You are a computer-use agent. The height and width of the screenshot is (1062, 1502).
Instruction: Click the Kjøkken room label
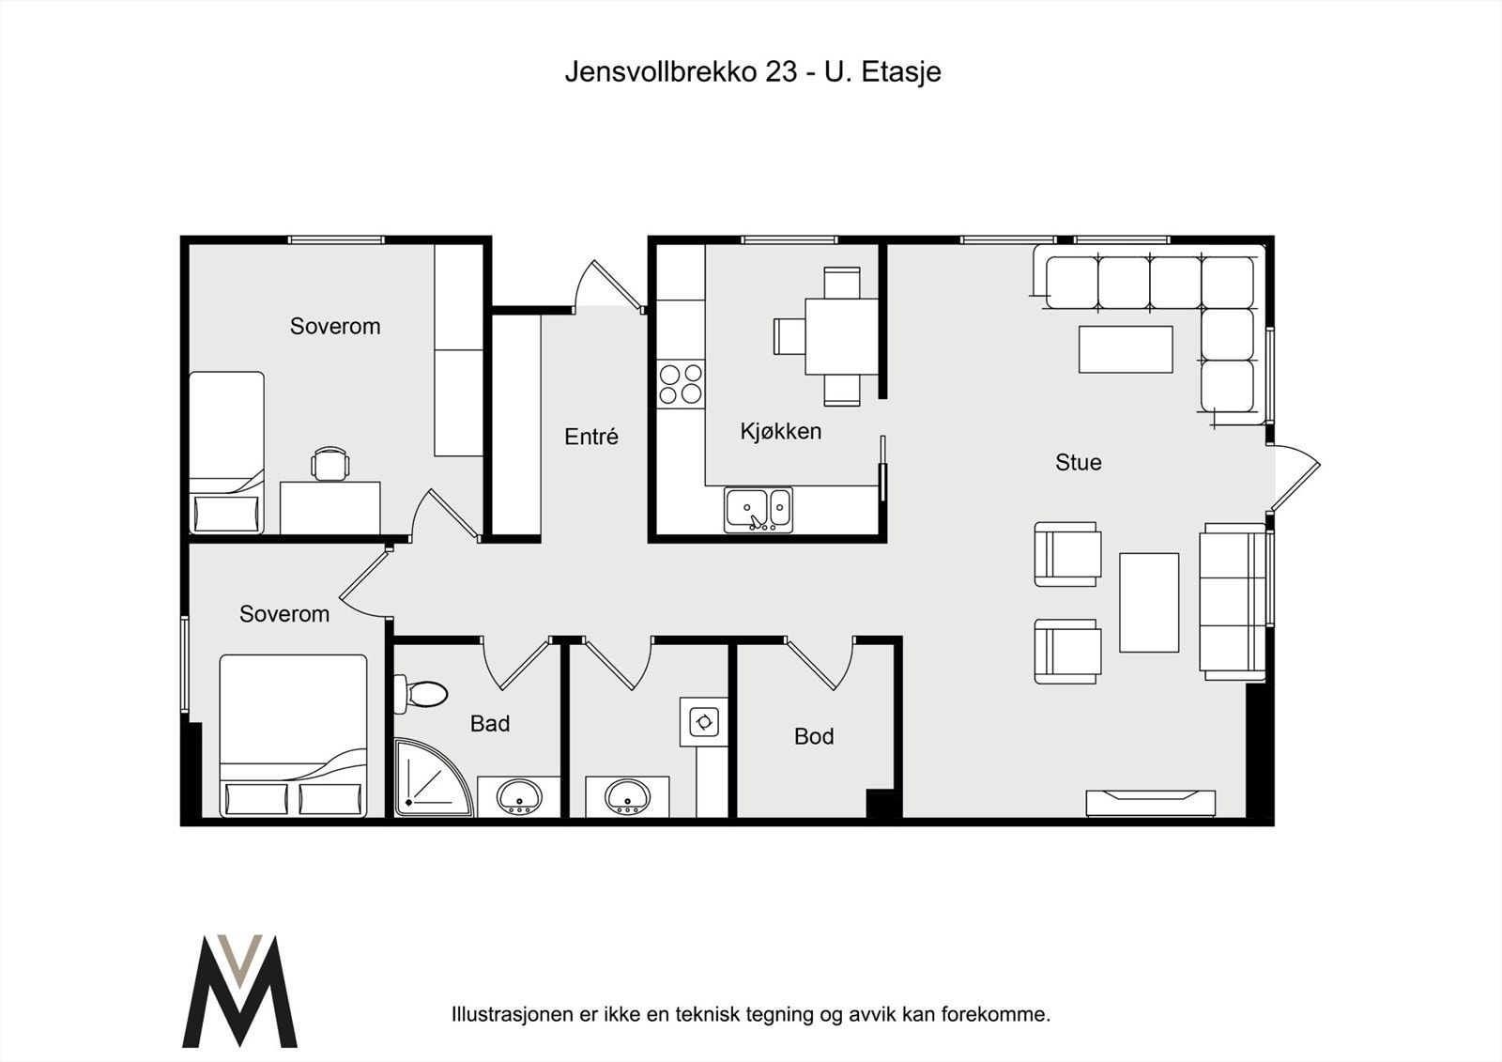pyautogui.click(x=780, y=431)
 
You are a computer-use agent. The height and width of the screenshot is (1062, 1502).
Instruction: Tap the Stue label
pyautogui.click(x=1079, y=462)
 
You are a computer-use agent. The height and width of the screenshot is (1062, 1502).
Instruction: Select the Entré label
pyautogui.click(x=590, y=437)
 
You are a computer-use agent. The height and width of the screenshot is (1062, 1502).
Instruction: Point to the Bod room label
pyautogui.click(x=814, y=736)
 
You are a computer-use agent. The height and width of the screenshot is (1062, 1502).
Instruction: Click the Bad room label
pyautogui.click(x=489, y=723)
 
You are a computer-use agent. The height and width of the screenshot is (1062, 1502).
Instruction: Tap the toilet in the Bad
pyautogui.click(x=421, y=694)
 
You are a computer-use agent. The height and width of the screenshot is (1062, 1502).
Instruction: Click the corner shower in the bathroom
pyautogui.click(x=433, y=777)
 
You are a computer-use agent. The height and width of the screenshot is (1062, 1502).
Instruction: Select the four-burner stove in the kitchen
pyautogui.click(x=681, y=384)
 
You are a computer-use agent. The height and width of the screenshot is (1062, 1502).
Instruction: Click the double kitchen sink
pyautogui.click(x=759, y=510)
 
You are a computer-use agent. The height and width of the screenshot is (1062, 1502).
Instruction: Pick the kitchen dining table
pyautogui.click(x=841, y=336)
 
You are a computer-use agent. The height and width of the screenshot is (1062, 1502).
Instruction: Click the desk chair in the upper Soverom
pyautogui.click(x=330, y=464)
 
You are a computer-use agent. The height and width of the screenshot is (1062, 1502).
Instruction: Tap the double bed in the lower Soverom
pyautogui.click(x=294, y=735)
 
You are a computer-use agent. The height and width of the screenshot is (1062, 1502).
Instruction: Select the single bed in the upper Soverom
pyautogui.click(x=226, y=453)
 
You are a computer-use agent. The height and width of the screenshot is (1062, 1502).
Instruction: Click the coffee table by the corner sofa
pyautogui.click(x=1126, y=349)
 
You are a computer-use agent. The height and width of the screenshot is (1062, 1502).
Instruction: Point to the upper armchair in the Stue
pyautogui.click(x=1068, y=554)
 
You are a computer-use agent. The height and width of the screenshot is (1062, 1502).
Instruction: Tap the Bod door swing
pyautogui.click(x=820, y=664)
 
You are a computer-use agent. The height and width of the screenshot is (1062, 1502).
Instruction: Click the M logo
pyautogui.click(x=239, y=991)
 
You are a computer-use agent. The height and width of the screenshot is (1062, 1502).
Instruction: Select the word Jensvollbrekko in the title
pyautogui.click(x=661, y=71)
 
